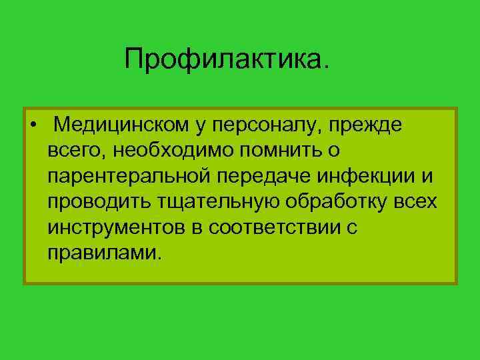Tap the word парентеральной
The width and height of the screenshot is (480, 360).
pos(131,177)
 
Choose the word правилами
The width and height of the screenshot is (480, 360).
pos(105,253)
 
